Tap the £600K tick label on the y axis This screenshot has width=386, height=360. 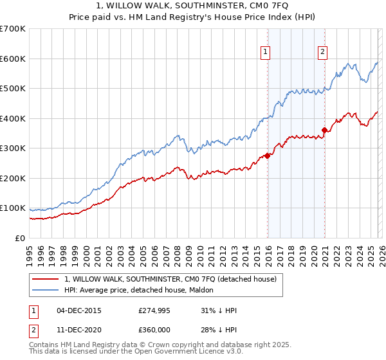(x=13, y=59)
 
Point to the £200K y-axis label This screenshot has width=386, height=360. (x=13, y=178)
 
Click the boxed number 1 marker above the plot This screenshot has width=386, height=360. (x=266, y=53)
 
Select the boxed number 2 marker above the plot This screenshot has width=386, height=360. (x=322, y=53)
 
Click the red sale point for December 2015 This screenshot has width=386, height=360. (x=267, y=156)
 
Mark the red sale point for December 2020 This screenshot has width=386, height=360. (x=325, y=130)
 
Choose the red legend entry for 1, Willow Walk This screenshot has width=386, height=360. (x=170, y=279)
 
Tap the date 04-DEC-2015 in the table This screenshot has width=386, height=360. (x=79, y=310)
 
